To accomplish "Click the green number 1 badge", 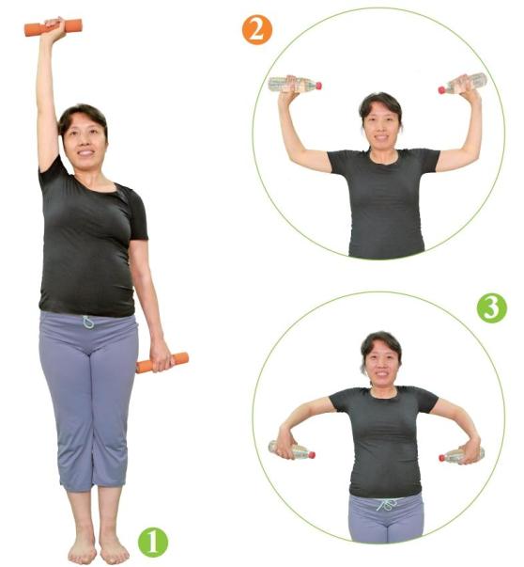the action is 153,542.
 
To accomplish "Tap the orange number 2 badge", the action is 256,30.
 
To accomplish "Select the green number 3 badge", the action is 492,308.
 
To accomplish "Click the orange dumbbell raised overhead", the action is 54,27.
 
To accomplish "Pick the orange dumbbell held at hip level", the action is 162,363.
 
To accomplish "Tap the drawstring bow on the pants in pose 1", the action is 88,322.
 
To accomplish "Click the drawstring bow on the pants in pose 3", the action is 386,504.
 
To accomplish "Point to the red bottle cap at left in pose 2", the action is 318,86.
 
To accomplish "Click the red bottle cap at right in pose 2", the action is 441,89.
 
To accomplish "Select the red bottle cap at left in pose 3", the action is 312,454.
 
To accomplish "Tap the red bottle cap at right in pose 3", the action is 441,457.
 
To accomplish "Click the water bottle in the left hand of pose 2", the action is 295,85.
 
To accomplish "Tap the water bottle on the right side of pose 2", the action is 463,84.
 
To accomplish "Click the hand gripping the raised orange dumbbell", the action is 55,26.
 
